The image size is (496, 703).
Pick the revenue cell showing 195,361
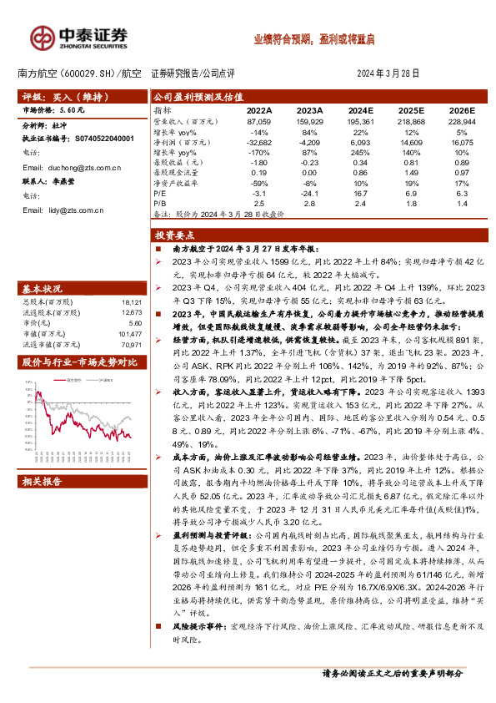(359, 122)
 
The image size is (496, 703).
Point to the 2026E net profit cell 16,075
(460, 142)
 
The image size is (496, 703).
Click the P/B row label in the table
(160, 203)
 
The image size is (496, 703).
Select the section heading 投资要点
(177, 236)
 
